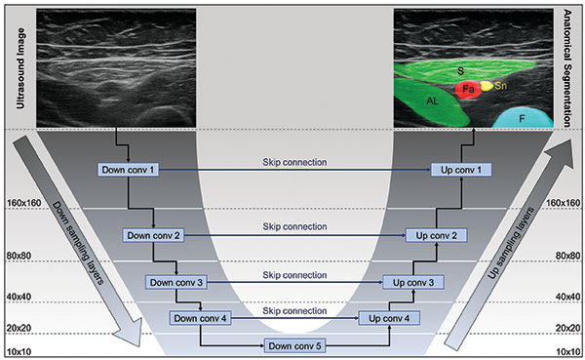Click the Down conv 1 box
click(129, 171)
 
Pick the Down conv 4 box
click(200, 317)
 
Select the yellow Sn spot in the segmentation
click(487, 86)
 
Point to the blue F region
click(523, 117)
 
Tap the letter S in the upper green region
click(460, 70)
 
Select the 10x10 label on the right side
click(566, 349)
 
